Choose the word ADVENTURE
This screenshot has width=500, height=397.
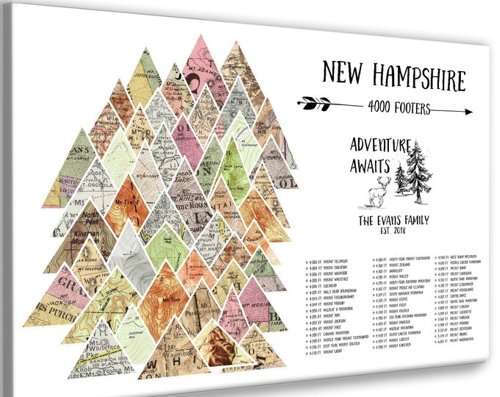pyautogui.click(x=379, y=145)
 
